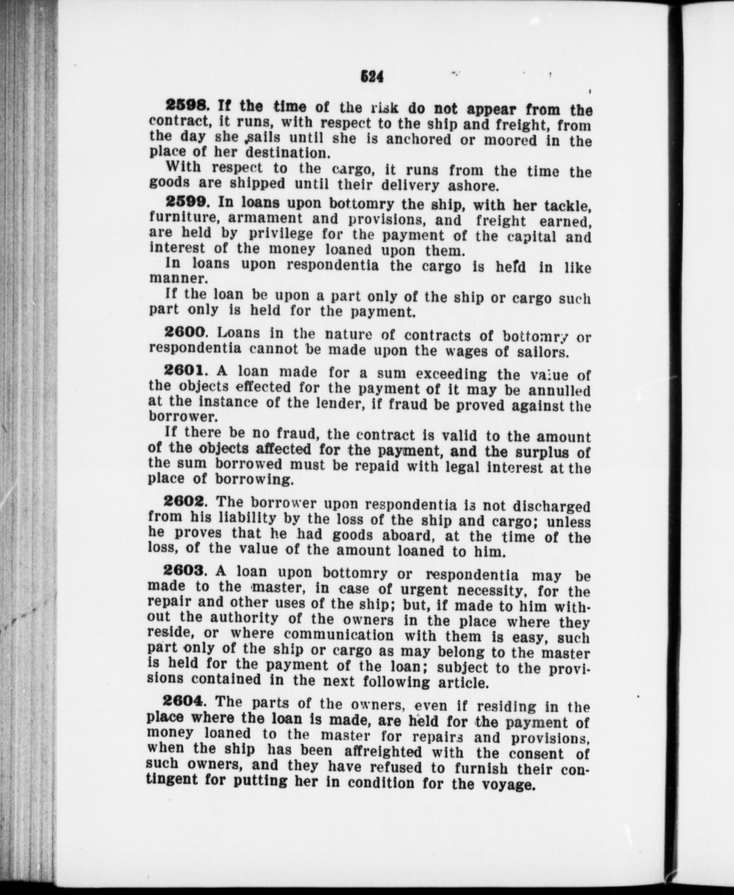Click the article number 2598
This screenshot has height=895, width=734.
click(x=187, y=107)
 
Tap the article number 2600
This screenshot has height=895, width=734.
click(x=185, y=332)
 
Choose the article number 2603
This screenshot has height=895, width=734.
click(x=184, y=571)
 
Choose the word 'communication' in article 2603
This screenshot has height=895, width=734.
click(x=338, y=635)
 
